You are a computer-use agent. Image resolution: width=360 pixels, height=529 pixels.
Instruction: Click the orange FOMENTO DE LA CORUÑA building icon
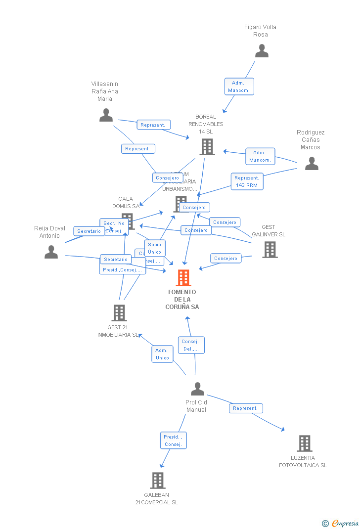tap(183, 278)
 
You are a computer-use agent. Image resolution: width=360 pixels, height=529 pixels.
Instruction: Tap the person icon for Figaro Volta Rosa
tap(262, 51)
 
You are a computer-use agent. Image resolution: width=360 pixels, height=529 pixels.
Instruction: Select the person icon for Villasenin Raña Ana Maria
tap(106, 115)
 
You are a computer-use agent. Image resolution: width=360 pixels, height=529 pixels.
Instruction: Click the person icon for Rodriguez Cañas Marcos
tap(312, 164)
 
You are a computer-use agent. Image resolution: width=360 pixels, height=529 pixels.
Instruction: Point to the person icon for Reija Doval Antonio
tap(51, 252)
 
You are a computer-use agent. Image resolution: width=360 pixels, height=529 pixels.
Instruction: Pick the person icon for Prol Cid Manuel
tap(197, 389)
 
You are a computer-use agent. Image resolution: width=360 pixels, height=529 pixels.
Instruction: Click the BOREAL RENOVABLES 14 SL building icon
tap(207, 147)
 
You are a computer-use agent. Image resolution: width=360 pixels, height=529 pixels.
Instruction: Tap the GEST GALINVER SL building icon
tap(270, 250)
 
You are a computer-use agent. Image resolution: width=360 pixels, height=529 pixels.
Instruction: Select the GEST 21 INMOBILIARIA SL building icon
tap(119, 313)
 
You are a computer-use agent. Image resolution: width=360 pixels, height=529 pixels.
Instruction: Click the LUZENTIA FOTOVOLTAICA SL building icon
tap(304, 443)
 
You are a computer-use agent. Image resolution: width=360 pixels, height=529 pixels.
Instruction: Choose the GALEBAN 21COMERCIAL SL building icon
tap(157, 480)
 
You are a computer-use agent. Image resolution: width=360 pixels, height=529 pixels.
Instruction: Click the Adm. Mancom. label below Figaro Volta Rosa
tap(239, 87)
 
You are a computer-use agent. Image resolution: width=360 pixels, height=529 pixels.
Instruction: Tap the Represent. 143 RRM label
tap(247, 181)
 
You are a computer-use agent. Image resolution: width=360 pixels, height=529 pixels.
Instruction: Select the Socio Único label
tap(154, 248)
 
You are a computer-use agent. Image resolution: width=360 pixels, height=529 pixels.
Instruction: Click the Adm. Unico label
tap(162, 354)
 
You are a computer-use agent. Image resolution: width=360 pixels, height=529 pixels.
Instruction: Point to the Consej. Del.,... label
tap(191, 345)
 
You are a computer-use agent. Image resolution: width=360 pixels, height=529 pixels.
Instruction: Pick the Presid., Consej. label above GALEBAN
tap(173, 441)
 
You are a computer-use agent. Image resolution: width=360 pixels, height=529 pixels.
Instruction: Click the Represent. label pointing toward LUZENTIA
tap(246, 408)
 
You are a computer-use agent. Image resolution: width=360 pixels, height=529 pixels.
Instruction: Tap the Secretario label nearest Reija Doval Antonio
tap(89, 231)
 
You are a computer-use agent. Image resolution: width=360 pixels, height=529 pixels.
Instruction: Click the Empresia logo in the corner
tap(341, 523)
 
